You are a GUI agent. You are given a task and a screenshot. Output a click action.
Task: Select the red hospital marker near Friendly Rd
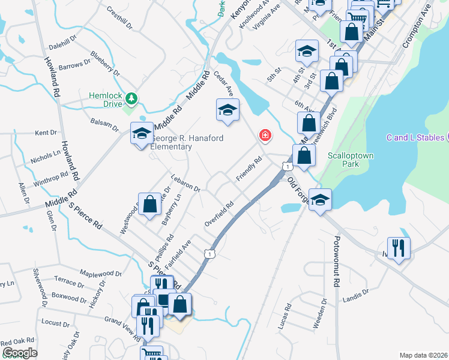coord(264,136)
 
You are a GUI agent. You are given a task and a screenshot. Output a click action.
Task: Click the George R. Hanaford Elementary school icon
coord(142,134)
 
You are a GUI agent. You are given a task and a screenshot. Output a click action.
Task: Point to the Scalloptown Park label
coord(351,159)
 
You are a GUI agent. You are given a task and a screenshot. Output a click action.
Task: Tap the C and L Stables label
coord(415,137)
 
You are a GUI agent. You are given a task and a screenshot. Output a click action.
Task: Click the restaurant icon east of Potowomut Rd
coord(399,247)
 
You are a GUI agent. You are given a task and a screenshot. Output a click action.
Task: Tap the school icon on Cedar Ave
coord(228,110)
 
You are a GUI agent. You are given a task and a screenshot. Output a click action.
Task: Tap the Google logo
coord(20,353)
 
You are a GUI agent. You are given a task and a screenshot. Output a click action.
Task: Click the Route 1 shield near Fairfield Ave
coord(208,254)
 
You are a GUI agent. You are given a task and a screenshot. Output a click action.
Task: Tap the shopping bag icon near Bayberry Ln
coord(149,204)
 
